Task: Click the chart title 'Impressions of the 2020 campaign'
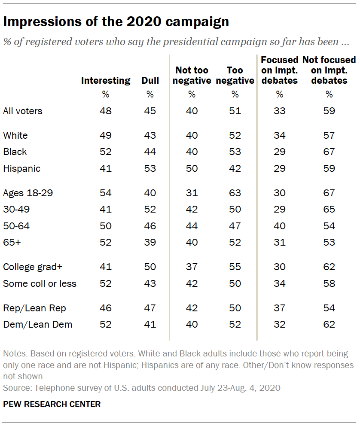coord(116,22)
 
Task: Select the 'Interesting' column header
coord(106,80)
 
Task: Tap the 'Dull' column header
coord(150,80)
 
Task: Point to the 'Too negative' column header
coord(235,75)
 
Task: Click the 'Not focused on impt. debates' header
coord(329,70)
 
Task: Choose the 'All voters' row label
coord(23,111)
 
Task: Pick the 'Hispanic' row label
coord(21,168)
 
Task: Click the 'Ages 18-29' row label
coord(28,193)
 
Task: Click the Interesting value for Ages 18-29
coord(106,193)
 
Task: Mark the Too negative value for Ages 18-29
coord(235,193)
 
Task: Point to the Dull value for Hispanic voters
coord(150,168)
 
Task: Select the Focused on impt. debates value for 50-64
coord(280,226)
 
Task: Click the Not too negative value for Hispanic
coord(192,168)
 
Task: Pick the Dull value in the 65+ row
coord(150,242)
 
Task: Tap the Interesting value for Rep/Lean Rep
coord(106,308)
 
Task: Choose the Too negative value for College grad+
coord(235,267)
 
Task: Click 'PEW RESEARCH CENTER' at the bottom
coord(52,404)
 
